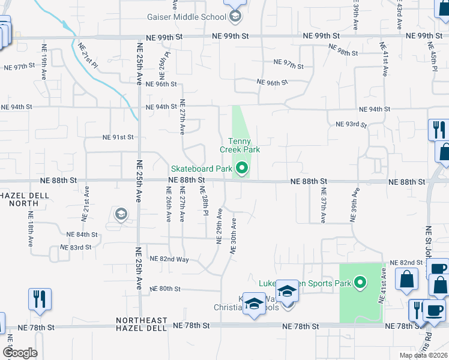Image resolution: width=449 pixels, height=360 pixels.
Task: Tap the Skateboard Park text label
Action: tap(201, 169)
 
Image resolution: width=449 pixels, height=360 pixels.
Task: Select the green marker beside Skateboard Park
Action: tap(242, 169)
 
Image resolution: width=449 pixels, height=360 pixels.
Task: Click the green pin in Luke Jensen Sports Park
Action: tap(360, 282)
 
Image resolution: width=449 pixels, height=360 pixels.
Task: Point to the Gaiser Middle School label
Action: tap(189, 17)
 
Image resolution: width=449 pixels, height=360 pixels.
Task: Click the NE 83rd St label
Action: tap(76, 247)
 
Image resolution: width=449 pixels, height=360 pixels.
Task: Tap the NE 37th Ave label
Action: tap(323, 206)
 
